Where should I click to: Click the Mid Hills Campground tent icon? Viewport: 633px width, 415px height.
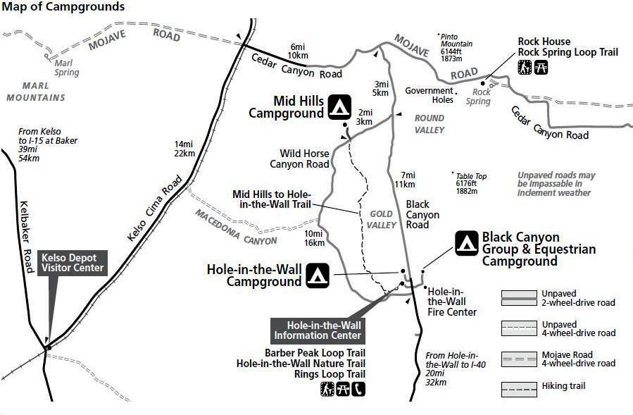point(339,107)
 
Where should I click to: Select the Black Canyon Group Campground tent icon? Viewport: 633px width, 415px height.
point(466,243)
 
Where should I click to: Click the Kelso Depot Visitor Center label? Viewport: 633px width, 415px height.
point(73,262)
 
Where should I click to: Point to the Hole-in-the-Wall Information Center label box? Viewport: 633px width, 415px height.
point(318,330)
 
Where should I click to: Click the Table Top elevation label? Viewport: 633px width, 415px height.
point(470,184)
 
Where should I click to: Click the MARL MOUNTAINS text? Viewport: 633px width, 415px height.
point(35,92)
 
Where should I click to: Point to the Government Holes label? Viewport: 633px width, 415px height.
point(429,94)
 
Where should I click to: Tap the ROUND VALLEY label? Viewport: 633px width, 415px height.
point(429,124)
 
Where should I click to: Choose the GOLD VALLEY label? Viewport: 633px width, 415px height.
point(380,219)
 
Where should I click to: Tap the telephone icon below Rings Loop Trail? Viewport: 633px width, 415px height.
point(359,388)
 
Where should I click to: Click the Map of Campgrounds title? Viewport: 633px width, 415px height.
point(64,7)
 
